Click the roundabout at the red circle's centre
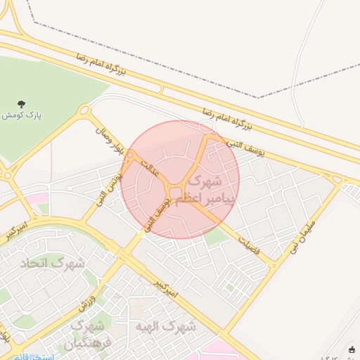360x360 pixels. point(176,192)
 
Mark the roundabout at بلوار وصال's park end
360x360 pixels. point(86,110)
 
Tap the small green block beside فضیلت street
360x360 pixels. point(219,238)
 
